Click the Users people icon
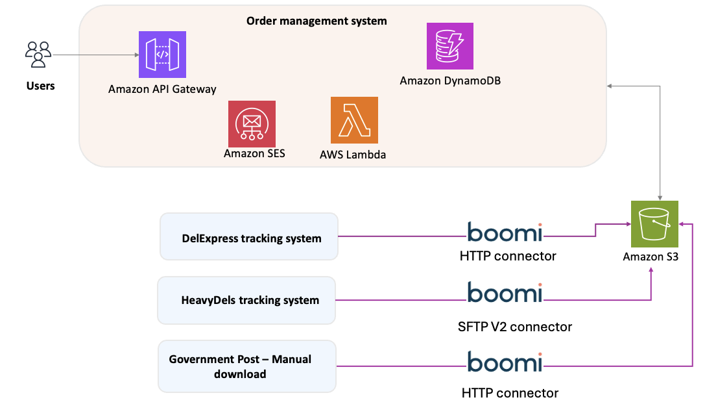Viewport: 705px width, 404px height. point(38,55)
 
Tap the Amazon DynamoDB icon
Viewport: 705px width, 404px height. point(450,46)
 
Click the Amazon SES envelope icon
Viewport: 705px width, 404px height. point(252,123)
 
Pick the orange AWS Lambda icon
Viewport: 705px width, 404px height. point(354,120)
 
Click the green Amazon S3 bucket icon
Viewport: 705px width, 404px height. point(654,223)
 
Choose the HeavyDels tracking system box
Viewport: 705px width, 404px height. point(246,299)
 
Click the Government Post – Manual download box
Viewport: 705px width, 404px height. point(247,366)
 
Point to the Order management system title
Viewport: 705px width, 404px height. point(317,21)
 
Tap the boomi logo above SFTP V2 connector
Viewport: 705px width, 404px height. point(505,293)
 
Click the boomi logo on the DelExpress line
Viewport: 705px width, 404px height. point(505,231)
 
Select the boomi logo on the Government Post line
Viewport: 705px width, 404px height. point(505,362)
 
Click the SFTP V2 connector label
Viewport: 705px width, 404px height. point(514,327)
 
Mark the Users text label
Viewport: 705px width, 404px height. point(40,86)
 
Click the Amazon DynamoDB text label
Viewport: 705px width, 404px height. point(450,81)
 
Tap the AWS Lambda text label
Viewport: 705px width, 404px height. point(353,155)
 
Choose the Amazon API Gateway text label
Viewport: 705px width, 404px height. point(162,89)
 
